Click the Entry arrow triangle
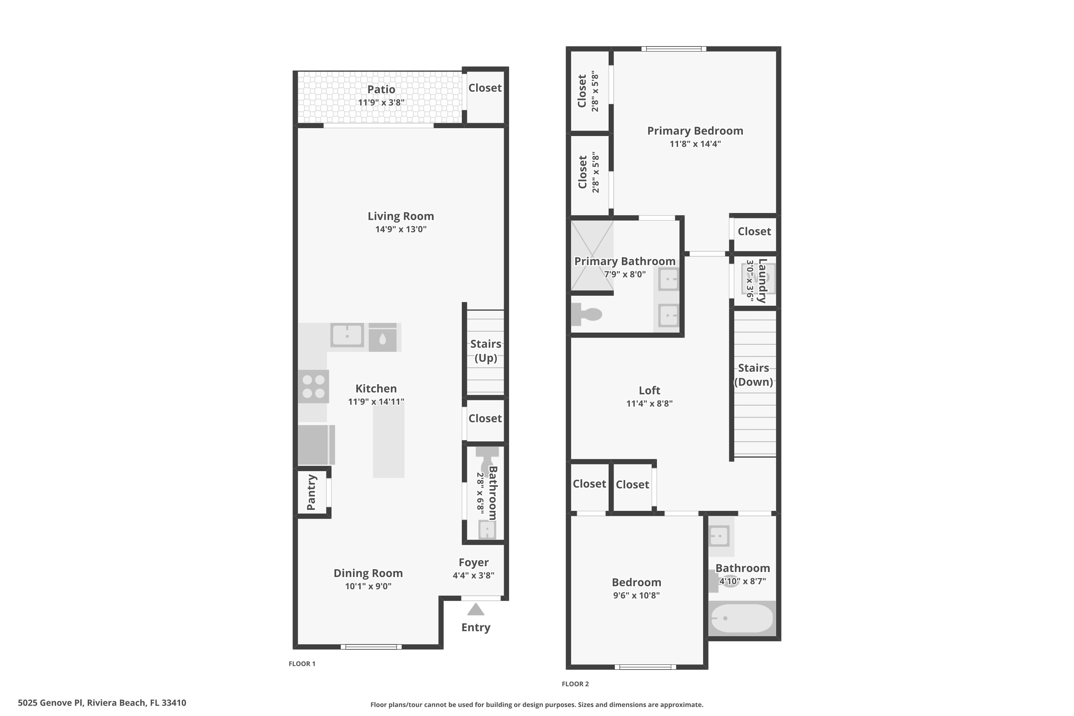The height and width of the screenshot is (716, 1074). (x=475, y=610)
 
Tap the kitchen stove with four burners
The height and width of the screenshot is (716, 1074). (x=313, y=386)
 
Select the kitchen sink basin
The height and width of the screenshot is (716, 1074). (x=347, y=335)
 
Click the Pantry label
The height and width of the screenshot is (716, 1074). (x=311, y=492)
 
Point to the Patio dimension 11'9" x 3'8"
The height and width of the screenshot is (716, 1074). (x=381, y=102)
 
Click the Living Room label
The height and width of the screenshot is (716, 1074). (x=401, y=216)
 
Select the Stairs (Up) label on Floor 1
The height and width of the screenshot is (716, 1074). (x=485, y=351)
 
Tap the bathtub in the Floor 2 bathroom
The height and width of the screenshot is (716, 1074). (x=741, y=618)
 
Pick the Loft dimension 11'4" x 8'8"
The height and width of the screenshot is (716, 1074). (x=649, y=403)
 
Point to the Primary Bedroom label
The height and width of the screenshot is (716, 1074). (x=695, y=131)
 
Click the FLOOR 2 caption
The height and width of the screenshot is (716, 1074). (x=575, y=683)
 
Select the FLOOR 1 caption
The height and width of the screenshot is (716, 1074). (x=302, y=663)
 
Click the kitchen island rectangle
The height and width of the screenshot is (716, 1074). (x=388, y=442)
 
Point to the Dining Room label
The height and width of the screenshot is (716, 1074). (x=368, y=573)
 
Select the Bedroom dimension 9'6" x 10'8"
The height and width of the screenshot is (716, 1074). (x=636, y=595)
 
